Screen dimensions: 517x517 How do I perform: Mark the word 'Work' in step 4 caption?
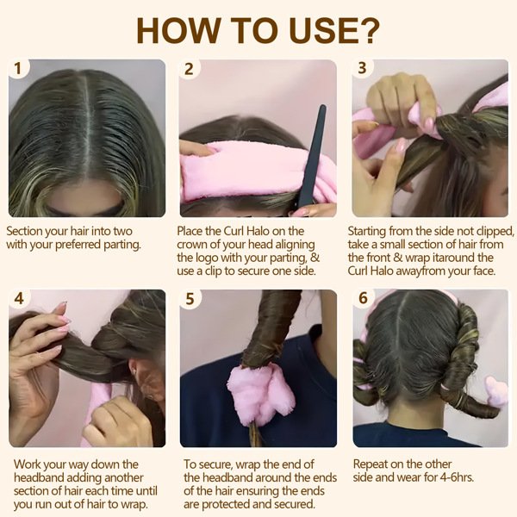pyautogui.click(x=27, y=464)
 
